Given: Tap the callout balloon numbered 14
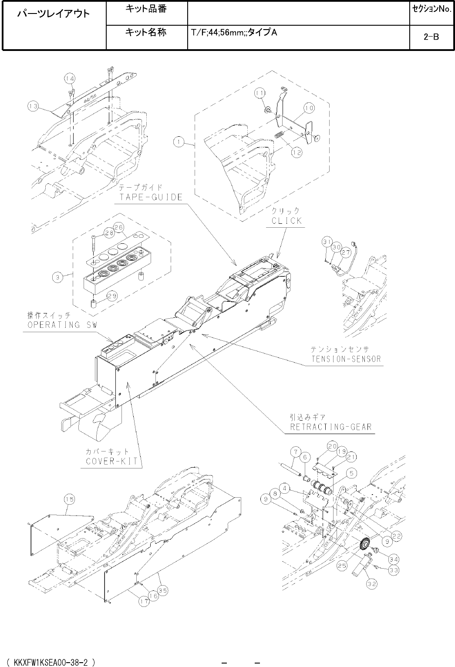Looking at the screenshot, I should coord(70,78).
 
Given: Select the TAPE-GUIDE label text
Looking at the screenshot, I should coord(151,197).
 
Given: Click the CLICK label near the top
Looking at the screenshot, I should coord(286,220).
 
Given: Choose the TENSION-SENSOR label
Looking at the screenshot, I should coord(346,359).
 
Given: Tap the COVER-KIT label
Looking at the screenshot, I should coord(111,461).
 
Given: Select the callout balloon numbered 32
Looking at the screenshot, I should coord(371,584).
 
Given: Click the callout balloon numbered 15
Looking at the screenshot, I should coord(70,499).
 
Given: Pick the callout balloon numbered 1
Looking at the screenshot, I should coord(178,141).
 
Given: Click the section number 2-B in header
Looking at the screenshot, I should coord(431,37).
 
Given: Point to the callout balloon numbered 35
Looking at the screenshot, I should coord(163,591).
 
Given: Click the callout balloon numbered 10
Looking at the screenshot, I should coord(309,107).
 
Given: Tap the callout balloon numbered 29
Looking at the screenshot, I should coord(111,296).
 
